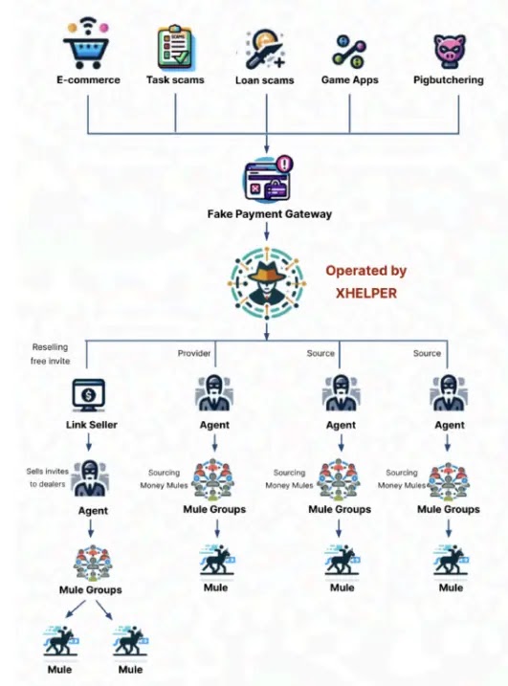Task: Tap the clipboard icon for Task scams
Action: [x=174, y=47]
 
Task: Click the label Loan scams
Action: [x=264, y=80]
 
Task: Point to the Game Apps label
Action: [x=349, y=80]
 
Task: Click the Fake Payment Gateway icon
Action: [x=268, y=179]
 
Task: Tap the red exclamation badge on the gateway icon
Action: [x=285, y=164]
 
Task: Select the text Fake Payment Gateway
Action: [x=270, y=214]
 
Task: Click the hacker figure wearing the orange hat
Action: [x=267, y=283]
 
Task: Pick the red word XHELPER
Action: [x=366, y=293]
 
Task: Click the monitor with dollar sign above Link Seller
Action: [x=88, y=395]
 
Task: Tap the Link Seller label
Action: [x=92, y=425]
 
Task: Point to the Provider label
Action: [x=194, y=353]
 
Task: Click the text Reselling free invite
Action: [x=50, y=354]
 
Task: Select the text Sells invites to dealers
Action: [x=47, y=477]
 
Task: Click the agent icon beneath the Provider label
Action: [x=214, y=393]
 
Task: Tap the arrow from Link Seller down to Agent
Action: [x=89, y=442]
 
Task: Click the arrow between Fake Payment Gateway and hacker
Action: [x=267, y=232]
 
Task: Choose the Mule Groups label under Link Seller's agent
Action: [x=91, y=589]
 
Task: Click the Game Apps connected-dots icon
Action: [x=349, y=52]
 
